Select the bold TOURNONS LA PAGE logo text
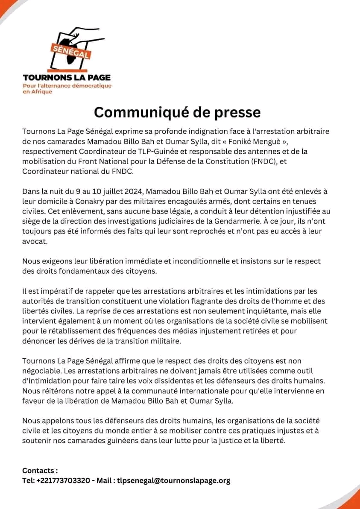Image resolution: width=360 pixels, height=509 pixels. pos(67,78)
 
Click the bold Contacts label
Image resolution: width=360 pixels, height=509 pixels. pos(40,470)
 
